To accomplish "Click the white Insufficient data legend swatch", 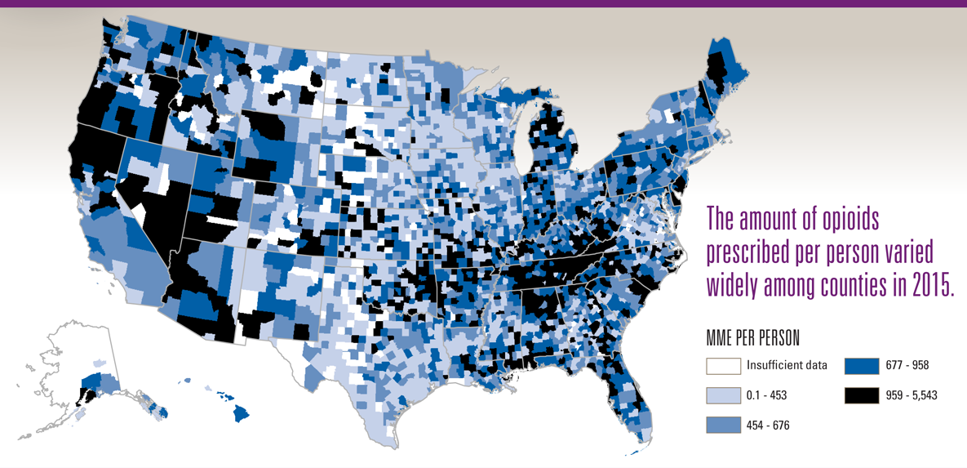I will tap(724, 366).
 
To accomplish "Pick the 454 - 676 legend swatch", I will tap(724, 425).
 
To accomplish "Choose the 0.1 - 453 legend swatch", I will tap(724, 395).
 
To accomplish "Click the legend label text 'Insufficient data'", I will tap(787, 366).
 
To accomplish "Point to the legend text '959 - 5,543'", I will tap(912, 395).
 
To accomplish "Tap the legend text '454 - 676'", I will tap(768, 425).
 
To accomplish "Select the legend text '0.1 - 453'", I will tap(766, 395).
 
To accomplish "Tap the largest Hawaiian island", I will tap(241, 413).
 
